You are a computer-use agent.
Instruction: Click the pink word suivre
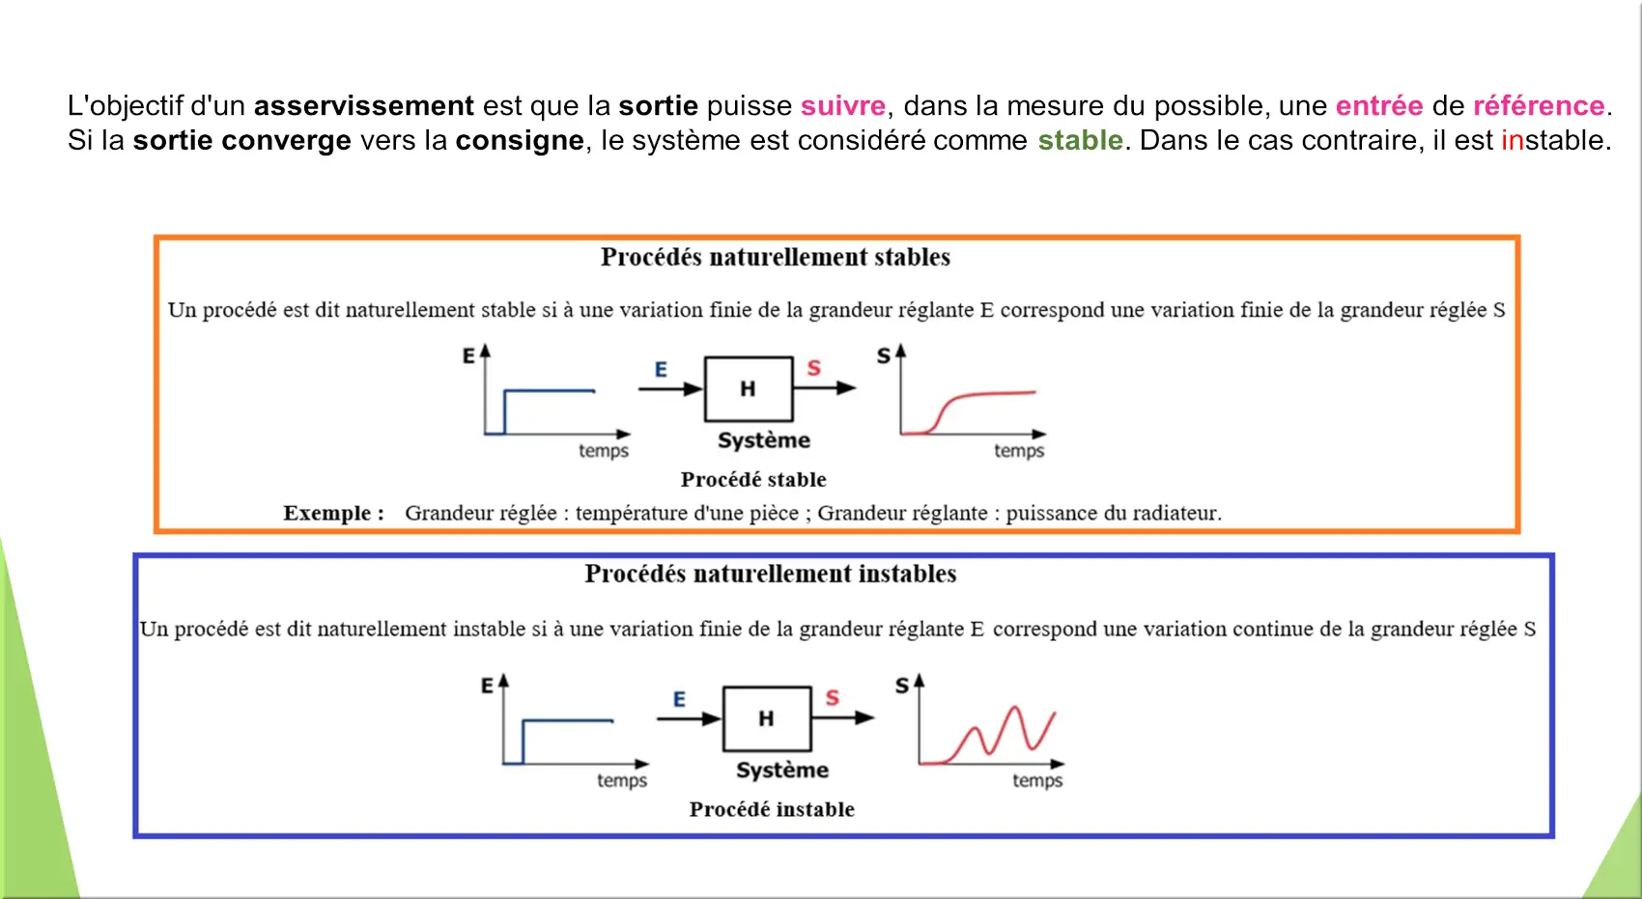[x=843, y=106]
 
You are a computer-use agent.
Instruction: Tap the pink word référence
[x=1539, y=106]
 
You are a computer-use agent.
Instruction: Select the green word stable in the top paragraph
[x=1080, y=140]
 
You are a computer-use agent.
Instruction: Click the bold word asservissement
[x=363, y=106]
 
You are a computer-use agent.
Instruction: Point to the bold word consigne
[x=520, y=141]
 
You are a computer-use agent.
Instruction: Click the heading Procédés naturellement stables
[x=776, y=257]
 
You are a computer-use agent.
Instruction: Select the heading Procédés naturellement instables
[x=771, y=574]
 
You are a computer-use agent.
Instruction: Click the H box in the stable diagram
[x=749, y=389]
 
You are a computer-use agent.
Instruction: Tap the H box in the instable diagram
[x=767, y=718]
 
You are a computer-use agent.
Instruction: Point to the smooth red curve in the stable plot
[x=968, y=407]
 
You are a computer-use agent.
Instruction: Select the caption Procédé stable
[x=753, y=479]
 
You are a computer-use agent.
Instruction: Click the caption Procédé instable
[x=772, y=809]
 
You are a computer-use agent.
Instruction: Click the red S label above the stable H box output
[x=813, y=368]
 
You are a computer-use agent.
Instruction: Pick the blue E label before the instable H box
[x=680, y=699]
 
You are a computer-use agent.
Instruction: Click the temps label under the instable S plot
[x=1037, y=781]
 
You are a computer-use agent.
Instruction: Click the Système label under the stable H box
[x=764, y=440]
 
